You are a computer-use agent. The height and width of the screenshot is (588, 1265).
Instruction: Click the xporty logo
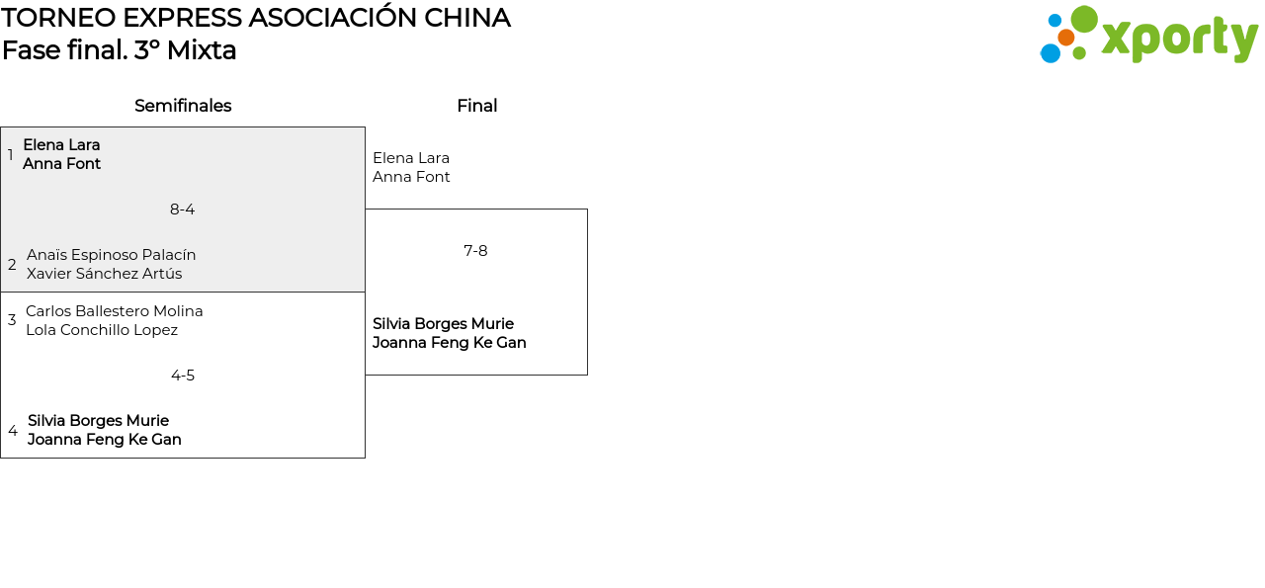coord(1148,36)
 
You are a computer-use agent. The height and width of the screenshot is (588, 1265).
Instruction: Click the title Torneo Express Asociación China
coord(256,18)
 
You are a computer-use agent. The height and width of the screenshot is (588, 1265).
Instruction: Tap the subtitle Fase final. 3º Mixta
coord(120,50)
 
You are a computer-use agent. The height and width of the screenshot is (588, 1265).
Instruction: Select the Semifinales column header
coord(183,106)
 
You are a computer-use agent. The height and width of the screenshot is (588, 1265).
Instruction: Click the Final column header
coord(476,106)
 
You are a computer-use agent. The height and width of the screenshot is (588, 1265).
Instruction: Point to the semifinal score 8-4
coord(183,210)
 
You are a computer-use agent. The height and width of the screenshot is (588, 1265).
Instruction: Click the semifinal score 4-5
coord(183,376)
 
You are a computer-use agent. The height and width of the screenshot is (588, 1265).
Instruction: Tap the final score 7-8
coord(475,251)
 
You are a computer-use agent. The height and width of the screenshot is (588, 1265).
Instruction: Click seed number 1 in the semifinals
coord(11,155)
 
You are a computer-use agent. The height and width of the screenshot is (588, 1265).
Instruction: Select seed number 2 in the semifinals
coord(12,265)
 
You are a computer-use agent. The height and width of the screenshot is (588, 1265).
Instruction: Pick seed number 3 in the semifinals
coord(12,320)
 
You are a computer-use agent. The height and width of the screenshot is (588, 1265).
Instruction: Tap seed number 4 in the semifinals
coord(13,431)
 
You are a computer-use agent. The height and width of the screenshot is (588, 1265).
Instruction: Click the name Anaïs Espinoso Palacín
coord(112,255)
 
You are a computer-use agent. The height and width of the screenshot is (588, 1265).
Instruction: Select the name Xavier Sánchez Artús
coord(105,274)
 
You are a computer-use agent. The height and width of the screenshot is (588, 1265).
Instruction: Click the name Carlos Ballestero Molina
coord(115,311)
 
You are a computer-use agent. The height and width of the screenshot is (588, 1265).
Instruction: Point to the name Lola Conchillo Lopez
coord(102,330)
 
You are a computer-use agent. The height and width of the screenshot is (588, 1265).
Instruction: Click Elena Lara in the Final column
coord(411,158)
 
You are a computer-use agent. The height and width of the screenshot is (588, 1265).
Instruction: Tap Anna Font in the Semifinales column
coord(62,164)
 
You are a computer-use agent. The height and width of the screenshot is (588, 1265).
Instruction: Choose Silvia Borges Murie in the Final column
coord(443,324)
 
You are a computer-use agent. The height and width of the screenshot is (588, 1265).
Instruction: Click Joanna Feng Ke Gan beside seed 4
coord(105,440)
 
